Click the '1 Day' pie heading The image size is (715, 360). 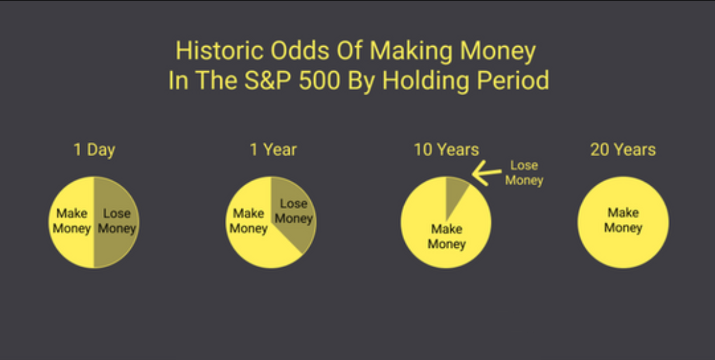(x=95, y=150)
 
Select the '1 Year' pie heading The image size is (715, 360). (x=273, y=150)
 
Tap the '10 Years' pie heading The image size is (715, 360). (x=446, y=150)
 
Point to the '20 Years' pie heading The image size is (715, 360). (x=623, y=150)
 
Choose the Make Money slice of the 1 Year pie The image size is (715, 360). (x=255, y=236)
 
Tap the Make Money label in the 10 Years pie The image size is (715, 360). (x=446, y=237)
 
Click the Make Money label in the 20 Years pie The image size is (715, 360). (x=623, y=220)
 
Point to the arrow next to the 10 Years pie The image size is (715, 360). (x=487, y=173)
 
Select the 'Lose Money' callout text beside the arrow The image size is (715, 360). (x=524, y=173)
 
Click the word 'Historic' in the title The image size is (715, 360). (x=220, y=51)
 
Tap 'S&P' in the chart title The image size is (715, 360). (x=268, y=80)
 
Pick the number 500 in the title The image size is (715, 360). (x=320, y=80)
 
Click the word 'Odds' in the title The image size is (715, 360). (x=300, y=51)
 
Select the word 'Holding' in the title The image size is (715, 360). (x=426, y=81)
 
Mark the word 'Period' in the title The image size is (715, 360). (x=513, y=80)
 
